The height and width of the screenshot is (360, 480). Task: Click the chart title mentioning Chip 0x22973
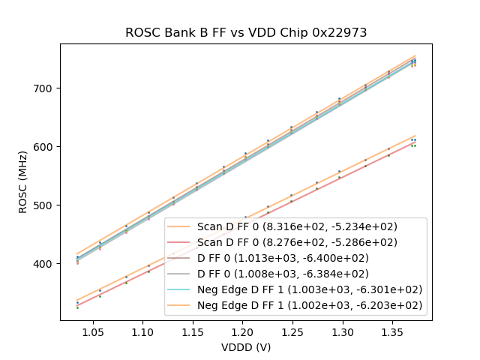point(245,32)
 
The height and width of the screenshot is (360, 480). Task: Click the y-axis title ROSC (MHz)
point(23,182)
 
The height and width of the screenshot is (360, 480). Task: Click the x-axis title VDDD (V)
point(245,347)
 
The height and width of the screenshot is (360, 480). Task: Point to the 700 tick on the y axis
point(46,88)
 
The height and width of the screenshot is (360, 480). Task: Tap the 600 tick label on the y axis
point(46,147)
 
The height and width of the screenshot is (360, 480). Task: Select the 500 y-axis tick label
point(46,205)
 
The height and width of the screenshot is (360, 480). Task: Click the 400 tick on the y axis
point(46,264)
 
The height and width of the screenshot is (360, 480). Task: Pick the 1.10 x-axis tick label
point(142,331)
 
